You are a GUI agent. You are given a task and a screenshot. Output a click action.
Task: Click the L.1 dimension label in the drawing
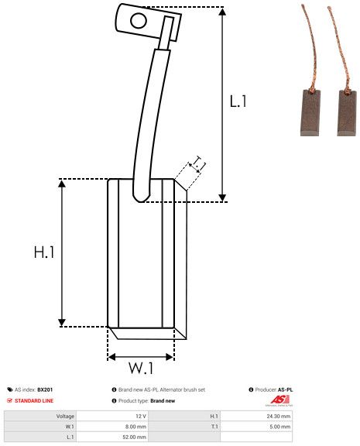[x=238, y=101]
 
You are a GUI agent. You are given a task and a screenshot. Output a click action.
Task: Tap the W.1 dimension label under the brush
[x=140, y=366]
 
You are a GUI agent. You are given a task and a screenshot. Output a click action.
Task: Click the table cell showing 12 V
[x=140, y=416]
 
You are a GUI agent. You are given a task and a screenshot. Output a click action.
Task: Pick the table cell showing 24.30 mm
[x=278, y=416]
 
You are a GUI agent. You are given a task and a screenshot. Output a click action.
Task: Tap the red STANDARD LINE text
[x=34, y=401]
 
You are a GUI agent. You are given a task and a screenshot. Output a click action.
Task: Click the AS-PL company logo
[x=279, y=400]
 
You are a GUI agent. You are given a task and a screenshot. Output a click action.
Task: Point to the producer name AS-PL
[x=285, y=389]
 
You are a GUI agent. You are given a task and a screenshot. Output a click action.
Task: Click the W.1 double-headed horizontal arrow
[x=140, y=356]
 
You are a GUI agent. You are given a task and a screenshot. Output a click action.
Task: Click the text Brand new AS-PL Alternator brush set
[x=162, y=389]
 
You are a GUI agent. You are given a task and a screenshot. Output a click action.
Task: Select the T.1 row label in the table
[x=211, y=426]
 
